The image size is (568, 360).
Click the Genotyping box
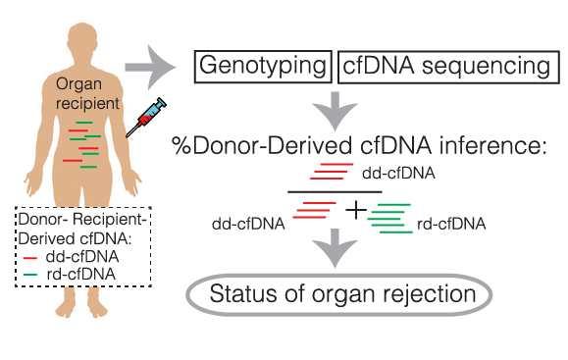click(261, 66)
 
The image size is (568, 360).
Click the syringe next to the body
click(146, 120)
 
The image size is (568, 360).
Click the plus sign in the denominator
click(354, 210)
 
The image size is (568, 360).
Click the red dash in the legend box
click(29, 257)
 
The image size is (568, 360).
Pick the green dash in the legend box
click(29, 273)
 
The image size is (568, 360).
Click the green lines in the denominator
click(389, 218)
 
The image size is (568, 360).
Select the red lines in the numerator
click(331, 172)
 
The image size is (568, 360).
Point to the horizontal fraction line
click(334, 191)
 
